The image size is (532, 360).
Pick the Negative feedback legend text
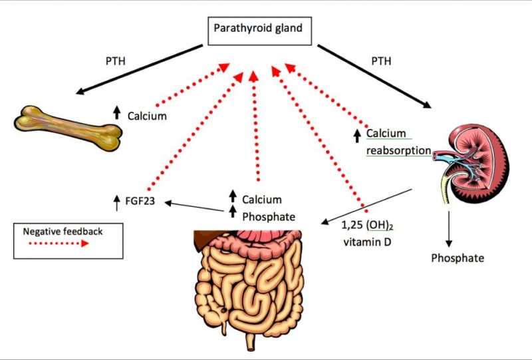[55, 232]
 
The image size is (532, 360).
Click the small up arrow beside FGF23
[117, 199]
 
